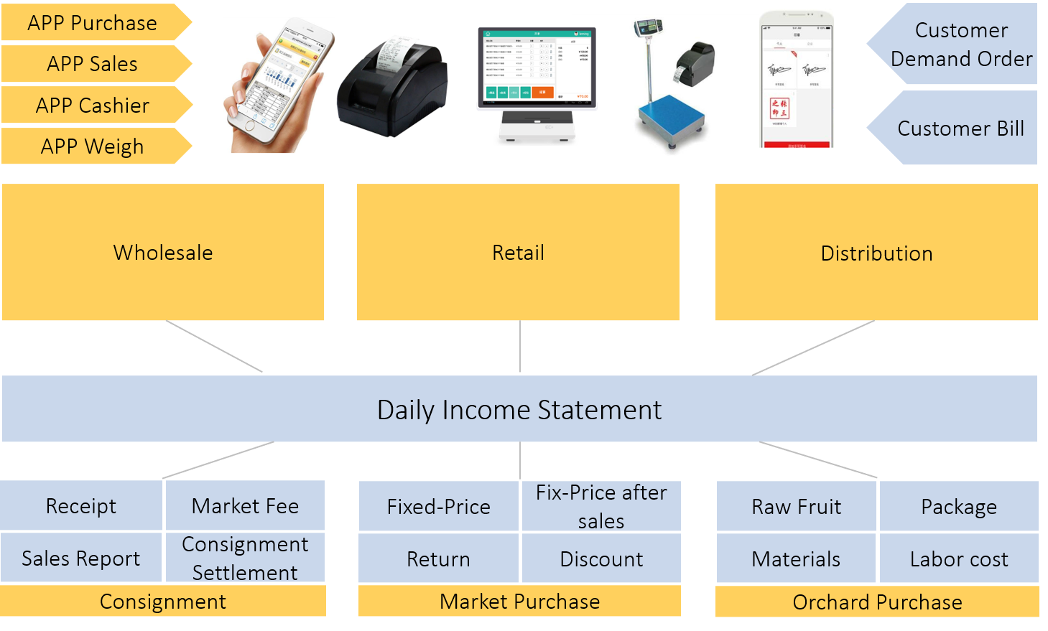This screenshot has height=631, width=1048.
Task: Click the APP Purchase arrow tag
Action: (93, 23)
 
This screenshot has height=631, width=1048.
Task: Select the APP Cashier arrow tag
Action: (93, 106)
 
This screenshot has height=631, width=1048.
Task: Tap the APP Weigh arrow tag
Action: (93, 146)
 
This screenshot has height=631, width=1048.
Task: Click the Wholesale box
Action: (163, 252)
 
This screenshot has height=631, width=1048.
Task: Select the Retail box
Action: (518, 252)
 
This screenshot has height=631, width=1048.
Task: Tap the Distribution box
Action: (876, 253)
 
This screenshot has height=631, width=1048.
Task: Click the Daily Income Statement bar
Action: (519, 409)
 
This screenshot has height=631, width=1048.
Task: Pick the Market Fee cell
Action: (245, 506)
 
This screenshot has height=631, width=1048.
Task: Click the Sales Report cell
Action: (81, 558)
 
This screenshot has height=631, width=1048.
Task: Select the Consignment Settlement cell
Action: (245, 558)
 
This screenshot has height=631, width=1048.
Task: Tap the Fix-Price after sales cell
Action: (601, 506)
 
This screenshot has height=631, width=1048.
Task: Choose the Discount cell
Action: (601, 558)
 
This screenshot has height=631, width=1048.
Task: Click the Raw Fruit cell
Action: (796, 507)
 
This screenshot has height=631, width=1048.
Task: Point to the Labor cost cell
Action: (959, 558)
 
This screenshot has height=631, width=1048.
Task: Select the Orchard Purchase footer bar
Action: (877, 602)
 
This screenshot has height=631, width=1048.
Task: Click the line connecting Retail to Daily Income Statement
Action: (520, 347)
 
